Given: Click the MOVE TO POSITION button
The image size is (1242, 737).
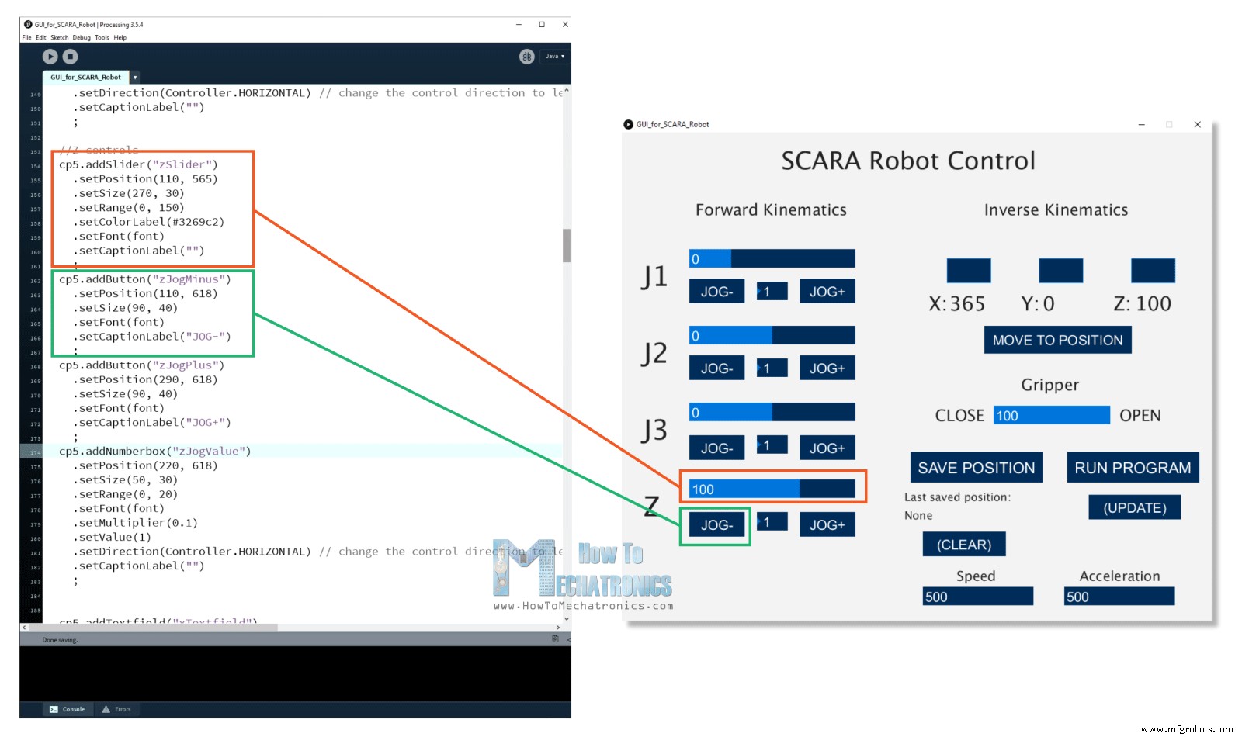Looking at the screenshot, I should click(1057, 340).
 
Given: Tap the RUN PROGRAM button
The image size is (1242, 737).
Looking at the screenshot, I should click(1133, 468).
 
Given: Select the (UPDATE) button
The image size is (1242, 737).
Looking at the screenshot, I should click(1134, 507).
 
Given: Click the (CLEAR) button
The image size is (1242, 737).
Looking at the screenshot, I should click(963, 545).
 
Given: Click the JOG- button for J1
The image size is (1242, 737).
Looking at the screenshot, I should click(716, 292).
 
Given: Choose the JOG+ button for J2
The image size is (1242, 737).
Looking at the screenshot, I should click(827, 368).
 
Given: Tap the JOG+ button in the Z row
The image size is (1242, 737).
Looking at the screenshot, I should click(827, 525).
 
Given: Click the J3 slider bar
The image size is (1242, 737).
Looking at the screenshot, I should click(772, 412).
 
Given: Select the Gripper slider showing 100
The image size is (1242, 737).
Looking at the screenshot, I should click(1052, 416).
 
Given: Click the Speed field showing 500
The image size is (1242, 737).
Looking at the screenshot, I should click(977, 597).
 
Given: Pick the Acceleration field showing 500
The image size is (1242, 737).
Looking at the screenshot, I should click(1119, 597).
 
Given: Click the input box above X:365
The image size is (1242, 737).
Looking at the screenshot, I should click(968, 271).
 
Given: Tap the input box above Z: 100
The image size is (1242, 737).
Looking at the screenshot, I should click(1153, 271).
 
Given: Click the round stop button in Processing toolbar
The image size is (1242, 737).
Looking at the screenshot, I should click(70, 56).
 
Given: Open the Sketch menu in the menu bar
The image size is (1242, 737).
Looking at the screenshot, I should click(59, 37).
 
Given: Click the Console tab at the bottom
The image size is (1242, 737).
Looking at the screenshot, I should click(68, 709).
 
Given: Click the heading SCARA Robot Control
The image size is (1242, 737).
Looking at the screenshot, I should click(908, 161).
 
